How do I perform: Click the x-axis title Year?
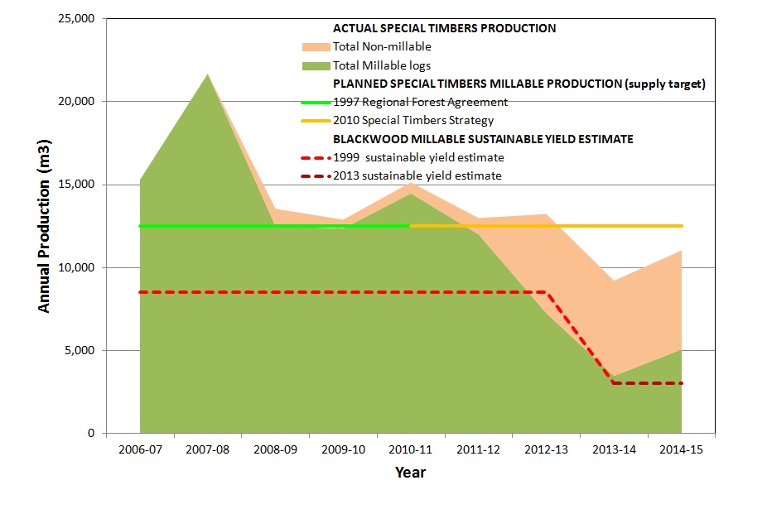pos(410,473)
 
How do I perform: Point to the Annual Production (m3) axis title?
pos(45,225)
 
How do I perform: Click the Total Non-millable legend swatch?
pos(315,46)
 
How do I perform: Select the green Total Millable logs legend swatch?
pos(315,65)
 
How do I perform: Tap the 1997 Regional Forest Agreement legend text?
pos(420,102)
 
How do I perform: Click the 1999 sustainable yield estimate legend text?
pos(417,157)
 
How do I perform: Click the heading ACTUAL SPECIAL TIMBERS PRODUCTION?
pos(444,28)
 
